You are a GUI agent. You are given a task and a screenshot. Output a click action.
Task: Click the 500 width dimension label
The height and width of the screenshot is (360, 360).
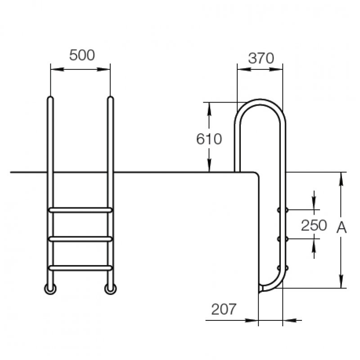coord(82,55)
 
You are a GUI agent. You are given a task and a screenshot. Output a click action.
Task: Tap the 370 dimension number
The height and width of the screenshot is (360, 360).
coord(261,58)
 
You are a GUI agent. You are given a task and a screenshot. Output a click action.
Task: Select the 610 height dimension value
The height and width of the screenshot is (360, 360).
coord(209,139)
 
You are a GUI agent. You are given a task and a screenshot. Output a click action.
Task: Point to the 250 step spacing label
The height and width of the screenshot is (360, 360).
coord(314,225)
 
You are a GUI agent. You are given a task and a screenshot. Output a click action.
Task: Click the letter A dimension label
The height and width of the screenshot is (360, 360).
coord(342,228)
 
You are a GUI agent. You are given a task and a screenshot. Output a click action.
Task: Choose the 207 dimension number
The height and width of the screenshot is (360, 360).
coord(224,309)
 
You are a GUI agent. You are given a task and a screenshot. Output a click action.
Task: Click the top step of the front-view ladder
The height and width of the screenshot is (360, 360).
coord(81,210)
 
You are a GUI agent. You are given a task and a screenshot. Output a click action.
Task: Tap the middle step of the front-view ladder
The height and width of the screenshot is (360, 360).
coord(81,239)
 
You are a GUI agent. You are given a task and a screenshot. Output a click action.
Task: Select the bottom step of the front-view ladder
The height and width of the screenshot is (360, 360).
coord(81,268)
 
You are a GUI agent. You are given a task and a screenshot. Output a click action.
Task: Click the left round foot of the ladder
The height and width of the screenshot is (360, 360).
coord(50,289)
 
